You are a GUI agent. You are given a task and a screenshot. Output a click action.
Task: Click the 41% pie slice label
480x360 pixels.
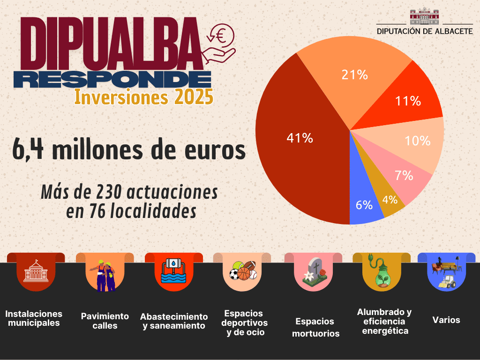300,138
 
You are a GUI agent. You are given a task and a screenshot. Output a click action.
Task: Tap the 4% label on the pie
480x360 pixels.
390,200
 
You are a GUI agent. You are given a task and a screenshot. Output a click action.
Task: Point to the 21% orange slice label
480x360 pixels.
354,75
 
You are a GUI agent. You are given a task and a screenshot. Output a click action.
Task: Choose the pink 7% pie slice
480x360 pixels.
401,174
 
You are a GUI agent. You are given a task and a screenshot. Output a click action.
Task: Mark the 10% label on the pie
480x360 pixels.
418,141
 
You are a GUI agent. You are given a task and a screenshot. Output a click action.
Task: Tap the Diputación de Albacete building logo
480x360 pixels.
424,16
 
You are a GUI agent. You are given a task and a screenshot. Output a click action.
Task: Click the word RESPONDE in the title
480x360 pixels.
112,79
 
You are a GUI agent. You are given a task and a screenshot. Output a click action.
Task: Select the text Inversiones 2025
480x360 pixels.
143,97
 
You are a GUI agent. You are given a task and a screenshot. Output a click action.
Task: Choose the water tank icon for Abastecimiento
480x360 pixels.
174,270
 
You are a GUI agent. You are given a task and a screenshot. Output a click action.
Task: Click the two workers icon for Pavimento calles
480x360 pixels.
103,275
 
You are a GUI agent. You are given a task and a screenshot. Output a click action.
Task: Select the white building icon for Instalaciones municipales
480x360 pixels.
36,270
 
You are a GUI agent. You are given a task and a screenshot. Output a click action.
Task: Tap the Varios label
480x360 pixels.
446,320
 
